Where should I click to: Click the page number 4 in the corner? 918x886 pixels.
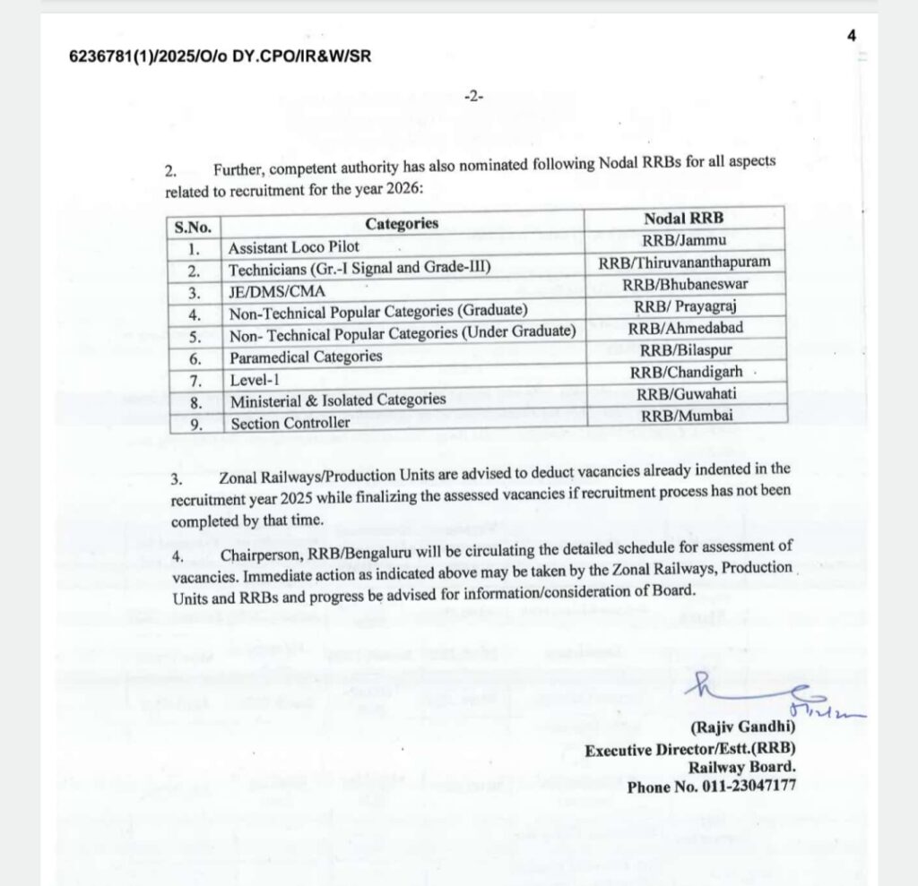(x=851, y=35)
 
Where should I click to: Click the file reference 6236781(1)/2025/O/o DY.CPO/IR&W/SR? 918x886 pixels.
(x=220, y=56)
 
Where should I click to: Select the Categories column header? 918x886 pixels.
(x=402, y=223)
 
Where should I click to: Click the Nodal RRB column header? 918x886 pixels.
(x=684, y=219)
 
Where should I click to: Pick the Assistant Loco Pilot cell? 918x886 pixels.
(x=294, y=246)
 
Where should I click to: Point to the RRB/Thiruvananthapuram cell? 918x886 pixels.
(x=684, y=262)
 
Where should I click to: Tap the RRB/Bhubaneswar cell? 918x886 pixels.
(x=685, y=285)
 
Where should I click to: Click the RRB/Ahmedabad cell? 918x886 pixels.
(x=685, y=328)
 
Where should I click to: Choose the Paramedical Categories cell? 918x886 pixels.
(x=306, y=357)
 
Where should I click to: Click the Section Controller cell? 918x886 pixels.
(x=290, y=423)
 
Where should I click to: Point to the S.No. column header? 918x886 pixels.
(x=192, y=227)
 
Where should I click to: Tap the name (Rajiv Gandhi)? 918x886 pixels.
(x=742, y=730)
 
